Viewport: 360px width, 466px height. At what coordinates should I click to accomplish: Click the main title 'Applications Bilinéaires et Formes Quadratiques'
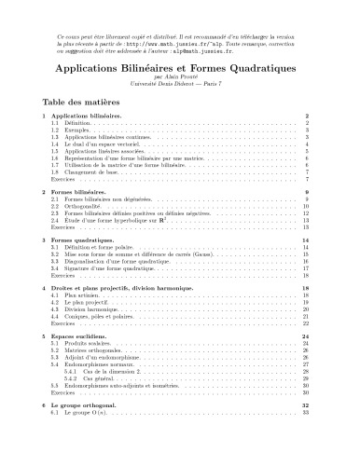point(180,70)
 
